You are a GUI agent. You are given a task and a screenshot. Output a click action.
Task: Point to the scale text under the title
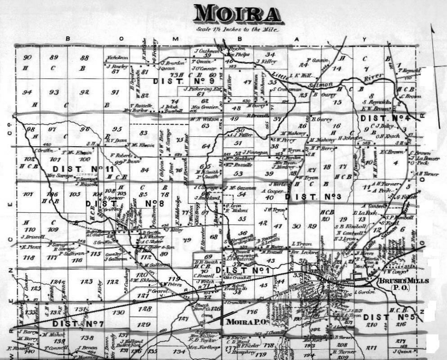coord(237,30)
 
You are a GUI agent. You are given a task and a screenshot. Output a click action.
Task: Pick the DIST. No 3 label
coord(313,196)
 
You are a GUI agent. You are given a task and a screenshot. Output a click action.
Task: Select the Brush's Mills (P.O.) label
coord(397,283)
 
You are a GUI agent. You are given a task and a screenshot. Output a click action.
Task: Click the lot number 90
coord(28,58)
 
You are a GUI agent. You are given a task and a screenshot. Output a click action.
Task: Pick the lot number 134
coord(179,351)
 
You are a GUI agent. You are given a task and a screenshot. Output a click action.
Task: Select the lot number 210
coord(371,325)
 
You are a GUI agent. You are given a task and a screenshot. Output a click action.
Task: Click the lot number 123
coord(86,282)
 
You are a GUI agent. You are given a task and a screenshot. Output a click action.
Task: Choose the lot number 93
coord(54,92)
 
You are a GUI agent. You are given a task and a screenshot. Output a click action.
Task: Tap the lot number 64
coord(206,146)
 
